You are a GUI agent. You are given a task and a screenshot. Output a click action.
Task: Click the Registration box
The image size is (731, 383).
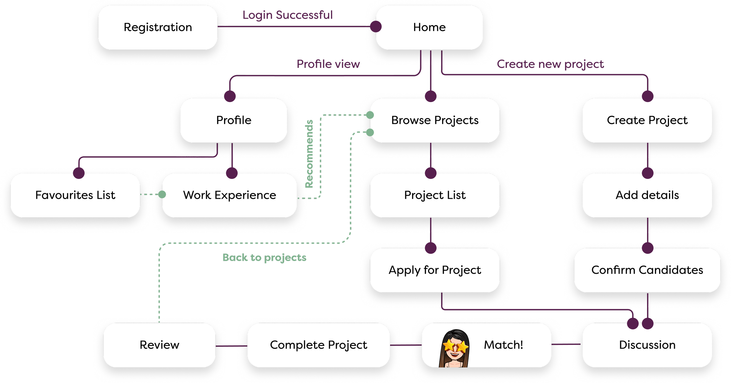158,27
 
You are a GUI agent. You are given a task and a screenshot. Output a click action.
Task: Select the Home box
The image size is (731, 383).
429,27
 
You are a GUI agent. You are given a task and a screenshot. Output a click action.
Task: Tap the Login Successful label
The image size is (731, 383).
288,15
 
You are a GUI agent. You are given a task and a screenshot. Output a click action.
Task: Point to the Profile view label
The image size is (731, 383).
328,64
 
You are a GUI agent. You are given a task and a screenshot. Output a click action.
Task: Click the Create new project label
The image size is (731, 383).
550,64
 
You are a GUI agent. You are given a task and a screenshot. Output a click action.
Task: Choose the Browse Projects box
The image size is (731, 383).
435,120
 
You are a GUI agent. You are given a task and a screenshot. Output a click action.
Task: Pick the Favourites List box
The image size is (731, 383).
75,195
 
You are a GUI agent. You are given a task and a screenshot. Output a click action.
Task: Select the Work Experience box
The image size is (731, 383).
230,195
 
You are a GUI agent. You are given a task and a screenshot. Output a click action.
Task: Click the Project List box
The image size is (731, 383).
435,195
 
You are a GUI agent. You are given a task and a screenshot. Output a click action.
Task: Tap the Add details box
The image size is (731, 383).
647,195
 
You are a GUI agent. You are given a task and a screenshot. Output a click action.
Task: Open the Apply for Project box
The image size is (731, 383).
435,270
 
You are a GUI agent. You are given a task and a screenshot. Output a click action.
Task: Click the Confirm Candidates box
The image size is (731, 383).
647,270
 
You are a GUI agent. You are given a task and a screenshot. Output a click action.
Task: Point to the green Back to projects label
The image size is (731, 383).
264,258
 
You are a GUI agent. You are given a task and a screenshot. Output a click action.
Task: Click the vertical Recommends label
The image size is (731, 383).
309,153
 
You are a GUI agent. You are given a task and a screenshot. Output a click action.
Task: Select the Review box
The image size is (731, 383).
159,345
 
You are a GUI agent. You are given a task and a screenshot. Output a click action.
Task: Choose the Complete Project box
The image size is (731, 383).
318,345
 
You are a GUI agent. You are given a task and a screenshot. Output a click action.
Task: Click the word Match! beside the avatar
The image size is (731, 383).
504,345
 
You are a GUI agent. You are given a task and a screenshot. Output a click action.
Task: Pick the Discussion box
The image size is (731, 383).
647,345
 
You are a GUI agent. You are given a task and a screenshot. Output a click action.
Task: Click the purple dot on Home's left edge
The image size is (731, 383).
376,27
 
